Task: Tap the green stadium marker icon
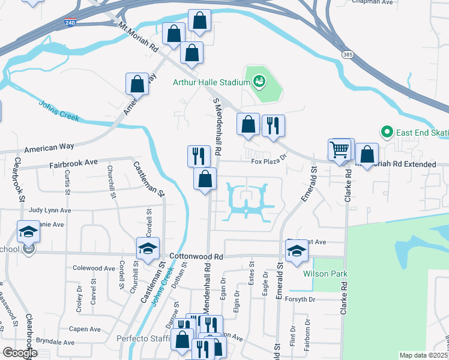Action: click(x=259, y=80)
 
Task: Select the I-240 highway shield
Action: click(x=71, y=23)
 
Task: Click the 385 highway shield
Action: click(x=348, y=54)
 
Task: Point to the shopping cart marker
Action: click(x=340, y=149)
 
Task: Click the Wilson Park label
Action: click(x=326, y=274)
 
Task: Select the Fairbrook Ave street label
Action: click(x=74, y=163)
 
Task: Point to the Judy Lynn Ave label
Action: click(x=50, y=211)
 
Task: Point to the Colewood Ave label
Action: click(x=94, y=268)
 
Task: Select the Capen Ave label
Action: click(x=85, y=329)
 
